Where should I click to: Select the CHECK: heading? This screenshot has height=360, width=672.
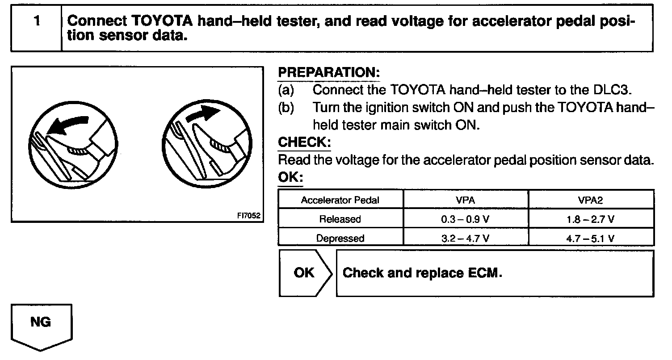click(304, 142)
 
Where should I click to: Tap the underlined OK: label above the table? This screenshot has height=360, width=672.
click(290, 177)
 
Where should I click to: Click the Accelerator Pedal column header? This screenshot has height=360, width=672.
click(340, 200)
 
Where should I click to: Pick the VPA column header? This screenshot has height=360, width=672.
click(465, 200)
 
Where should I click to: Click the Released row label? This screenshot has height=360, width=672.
click(340, 219)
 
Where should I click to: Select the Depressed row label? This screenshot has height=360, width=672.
click(340, 238)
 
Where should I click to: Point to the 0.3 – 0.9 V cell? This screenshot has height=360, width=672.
click(465, 219)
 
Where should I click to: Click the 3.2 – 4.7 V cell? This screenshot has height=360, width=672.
click(465, 238)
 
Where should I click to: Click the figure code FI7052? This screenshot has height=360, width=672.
click(248, 215)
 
